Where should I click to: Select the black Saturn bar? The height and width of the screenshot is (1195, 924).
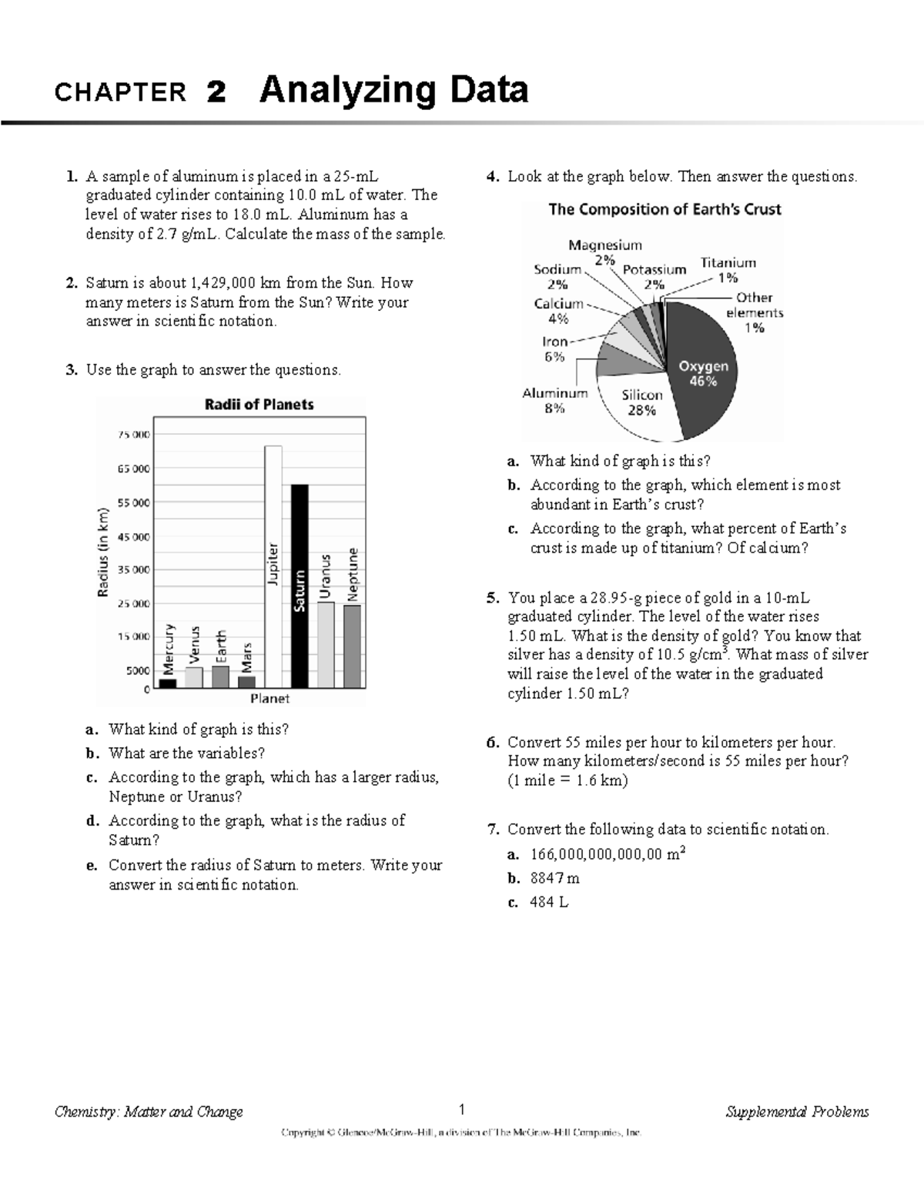point(300,585)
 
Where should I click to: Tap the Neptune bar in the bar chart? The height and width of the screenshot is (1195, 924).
point(353,646)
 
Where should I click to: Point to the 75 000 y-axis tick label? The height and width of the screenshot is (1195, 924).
point(133,435)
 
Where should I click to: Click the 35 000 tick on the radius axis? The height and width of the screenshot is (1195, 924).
point(133,570)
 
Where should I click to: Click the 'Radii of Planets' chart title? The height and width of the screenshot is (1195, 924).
point(259,405)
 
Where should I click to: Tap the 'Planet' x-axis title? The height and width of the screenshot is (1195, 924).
point(269,699)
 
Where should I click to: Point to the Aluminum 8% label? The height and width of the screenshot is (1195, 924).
point(554,401)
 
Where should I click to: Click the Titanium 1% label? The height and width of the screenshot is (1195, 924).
point(728,270)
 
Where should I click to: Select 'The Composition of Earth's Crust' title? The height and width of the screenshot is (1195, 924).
point(665,209)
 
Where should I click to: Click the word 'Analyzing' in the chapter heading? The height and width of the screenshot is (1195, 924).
point(350,91)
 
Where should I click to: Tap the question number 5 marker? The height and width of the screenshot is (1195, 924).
point(492,598)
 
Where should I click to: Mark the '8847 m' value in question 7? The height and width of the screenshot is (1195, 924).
point(554,878)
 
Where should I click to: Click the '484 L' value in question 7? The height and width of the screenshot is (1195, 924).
point(549,903)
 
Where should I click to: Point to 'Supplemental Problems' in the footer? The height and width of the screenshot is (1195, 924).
point(797,1111)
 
